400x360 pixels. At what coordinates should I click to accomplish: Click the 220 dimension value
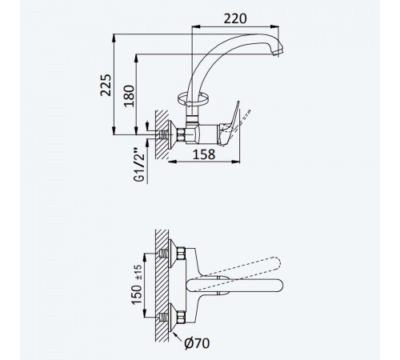click(x=235, y=18)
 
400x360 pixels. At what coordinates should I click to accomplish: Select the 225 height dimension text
click(x=106, y=85)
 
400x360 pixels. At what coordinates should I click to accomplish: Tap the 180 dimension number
click(x=129, y=96)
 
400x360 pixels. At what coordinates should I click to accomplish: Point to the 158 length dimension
click(x=204, y=154)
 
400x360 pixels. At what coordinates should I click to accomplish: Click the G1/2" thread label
click(x=139, y=164)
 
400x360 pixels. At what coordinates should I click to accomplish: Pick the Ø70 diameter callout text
click(x=197, y=343)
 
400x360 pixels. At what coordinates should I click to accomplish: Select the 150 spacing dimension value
click(x=137, y=294)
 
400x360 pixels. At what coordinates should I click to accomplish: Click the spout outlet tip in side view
click(x=278, y=52)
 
